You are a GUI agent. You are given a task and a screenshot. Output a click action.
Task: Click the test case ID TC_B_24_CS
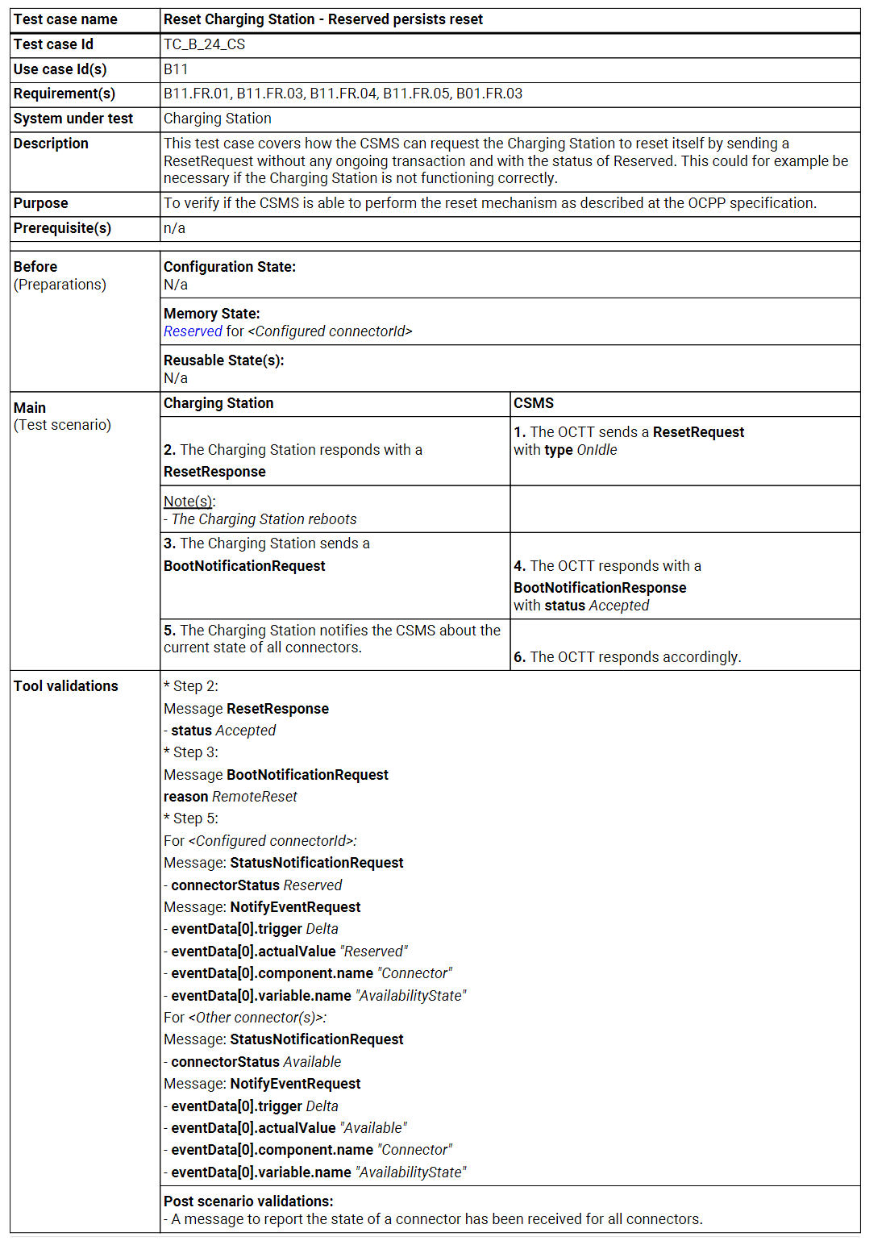(x=204, y=44)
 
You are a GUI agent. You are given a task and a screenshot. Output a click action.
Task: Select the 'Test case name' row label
(x=65, y=19)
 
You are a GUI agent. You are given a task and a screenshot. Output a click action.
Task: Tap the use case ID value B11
(x=176, y=69)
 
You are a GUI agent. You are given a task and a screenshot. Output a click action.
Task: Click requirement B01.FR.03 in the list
(x=489, y=94)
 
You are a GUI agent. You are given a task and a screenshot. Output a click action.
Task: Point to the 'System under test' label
(x=73, y=119)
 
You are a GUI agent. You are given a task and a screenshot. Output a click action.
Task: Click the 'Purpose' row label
(x=40, y=203)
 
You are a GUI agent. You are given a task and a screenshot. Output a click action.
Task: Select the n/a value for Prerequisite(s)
(x=174, y=228)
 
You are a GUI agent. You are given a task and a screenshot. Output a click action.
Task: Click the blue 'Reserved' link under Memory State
(x=193, y=331)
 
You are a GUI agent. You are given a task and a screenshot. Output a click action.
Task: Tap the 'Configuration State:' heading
(x=230, y=267)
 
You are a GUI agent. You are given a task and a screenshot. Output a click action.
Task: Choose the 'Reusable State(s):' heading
(x=224, y=360)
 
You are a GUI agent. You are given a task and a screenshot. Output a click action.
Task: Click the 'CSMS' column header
(x=534, y=403)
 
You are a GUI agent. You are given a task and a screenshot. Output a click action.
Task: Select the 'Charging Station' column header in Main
(x=218, y=403)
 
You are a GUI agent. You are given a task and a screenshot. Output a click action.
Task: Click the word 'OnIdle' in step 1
(x=597, y=450)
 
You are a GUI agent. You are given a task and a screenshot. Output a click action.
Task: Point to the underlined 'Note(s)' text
(x=189, y=502)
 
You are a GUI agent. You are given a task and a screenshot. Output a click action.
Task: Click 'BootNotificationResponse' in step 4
(x=600, y=588)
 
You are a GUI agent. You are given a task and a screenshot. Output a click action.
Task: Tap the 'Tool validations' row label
(x=66, y=686)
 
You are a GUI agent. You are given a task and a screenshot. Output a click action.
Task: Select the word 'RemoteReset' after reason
(x=254, y=797)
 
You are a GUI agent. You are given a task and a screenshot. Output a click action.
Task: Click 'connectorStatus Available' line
(x=256, y=1062)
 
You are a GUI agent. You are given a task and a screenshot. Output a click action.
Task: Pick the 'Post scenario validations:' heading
(x=248, y=1201)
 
